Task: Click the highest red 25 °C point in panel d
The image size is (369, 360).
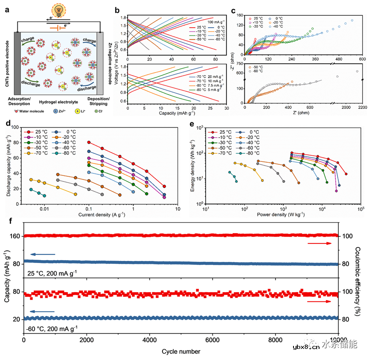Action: (x=89, y=142)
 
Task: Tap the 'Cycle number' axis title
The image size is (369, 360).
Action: (x=181, y=351)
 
